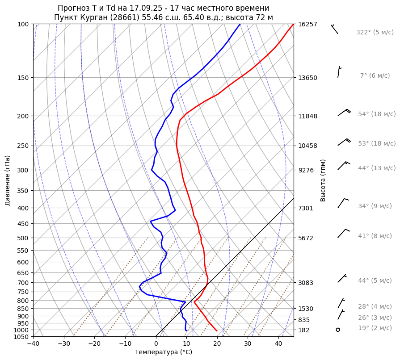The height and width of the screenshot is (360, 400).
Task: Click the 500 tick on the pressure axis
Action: tap(22, 238)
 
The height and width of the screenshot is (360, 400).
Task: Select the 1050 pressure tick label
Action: tap(21, 337)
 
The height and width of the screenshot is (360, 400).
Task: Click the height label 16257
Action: tap(307, 24)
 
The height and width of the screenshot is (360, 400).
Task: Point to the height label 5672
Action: tap(306, 238)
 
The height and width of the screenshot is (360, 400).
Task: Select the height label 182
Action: tap(304, 330)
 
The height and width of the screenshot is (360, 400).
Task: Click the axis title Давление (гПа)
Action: tap(8, 180)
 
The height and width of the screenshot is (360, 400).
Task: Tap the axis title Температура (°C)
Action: tap(164, 352)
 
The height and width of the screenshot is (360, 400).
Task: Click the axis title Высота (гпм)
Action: tap(323, 180)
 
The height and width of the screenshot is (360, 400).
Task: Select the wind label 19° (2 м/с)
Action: tap(375, 328)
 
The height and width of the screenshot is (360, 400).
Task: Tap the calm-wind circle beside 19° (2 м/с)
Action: tap(338, 330)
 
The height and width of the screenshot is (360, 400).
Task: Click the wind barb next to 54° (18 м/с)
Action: tap(344, 113)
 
